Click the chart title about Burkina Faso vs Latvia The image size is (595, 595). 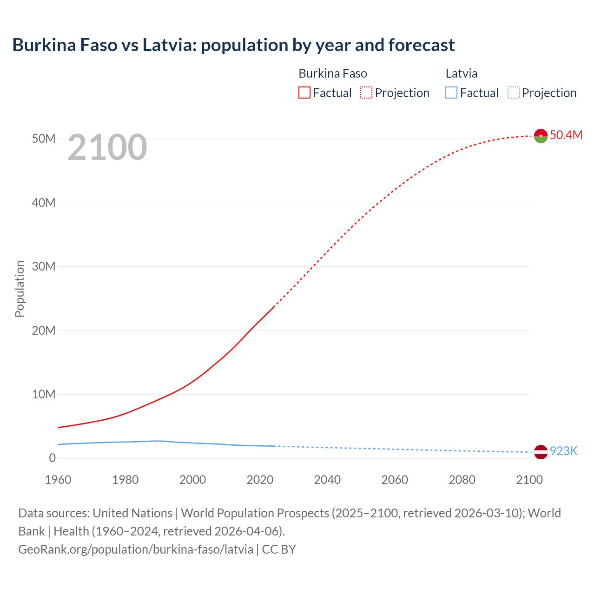233,45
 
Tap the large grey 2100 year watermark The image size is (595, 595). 107,147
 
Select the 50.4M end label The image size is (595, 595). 566,135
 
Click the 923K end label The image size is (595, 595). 563,451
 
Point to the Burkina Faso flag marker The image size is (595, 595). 541,136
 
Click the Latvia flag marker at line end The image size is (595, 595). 541,451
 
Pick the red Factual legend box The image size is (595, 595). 304,93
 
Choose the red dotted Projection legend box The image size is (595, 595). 366,93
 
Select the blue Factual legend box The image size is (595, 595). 451,93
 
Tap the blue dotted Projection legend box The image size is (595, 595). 513,93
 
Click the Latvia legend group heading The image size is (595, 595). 461,73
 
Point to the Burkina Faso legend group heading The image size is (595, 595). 332,73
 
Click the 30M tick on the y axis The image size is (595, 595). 44,266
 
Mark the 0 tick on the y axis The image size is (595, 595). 52,458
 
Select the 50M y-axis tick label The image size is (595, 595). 44,139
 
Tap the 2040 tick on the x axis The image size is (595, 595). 327,480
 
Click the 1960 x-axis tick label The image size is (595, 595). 58,480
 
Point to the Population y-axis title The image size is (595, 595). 20,289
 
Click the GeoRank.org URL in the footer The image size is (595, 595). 136,549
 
